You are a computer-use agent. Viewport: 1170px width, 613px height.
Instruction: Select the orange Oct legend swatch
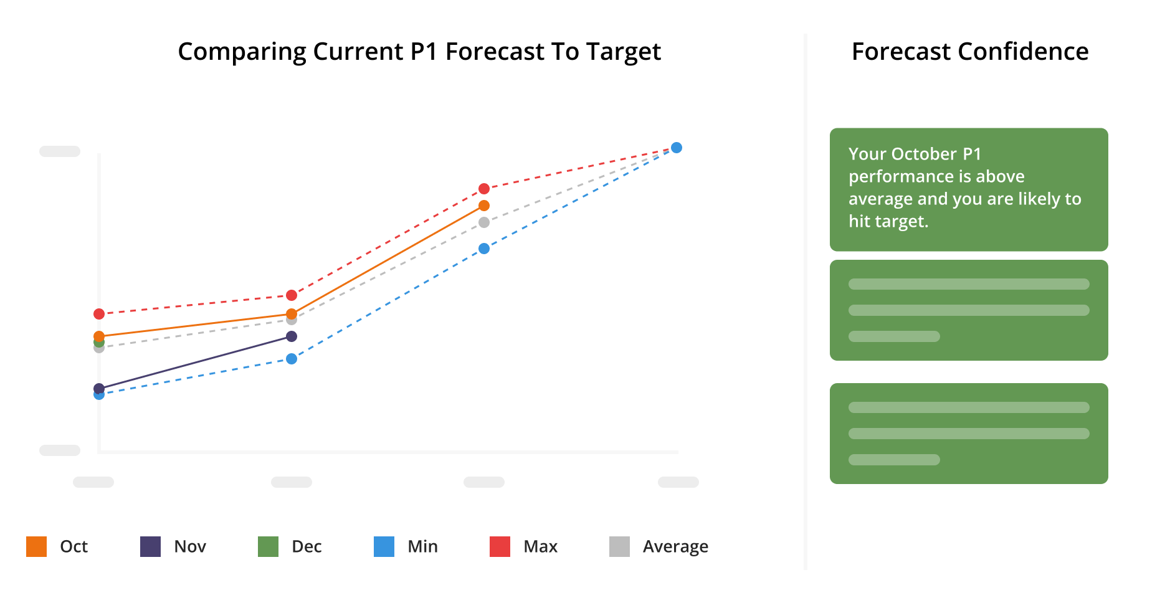[36, 546]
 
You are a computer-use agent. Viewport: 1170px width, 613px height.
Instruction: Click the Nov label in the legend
[190, 546]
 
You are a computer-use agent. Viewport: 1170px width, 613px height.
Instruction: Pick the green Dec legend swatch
[268, 546]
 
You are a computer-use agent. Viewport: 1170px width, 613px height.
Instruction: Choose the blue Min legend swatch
[384, 546]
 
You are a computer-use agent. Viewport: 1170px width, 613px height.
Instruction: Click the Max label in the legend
[540, 546]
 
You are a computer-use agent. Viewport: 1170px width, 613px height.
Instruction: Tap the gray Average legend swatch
[619, 546]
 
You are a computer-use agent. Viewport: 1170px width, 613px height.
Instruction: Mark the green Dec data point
[98, 343]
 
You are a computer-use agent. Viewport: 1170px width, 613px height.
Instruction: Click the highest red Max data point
[484, 189]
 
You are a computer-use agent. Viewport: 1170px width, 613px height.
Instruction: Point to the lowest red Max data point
[99, 314]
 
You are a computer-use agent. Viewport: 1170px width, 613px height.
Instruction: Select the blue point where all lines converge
[677, 148]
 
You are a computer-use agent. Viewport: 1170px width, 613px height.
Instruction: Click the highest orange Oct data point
[484, 206]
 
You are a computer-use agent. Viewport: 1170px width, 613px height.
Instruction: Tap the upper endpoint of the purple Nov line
[292, 336]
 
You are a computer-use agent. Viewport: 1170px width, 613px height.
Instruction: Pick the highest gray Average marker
[484, 222]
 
